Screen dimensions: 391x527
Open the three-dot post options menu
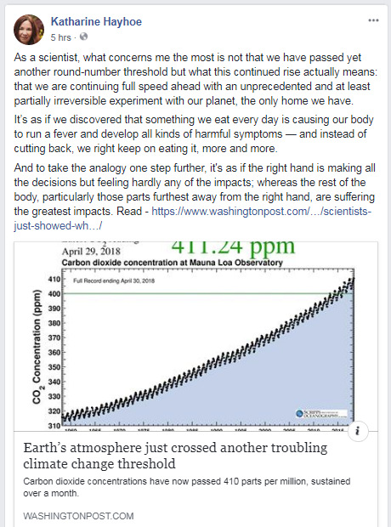coord(373,19)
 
